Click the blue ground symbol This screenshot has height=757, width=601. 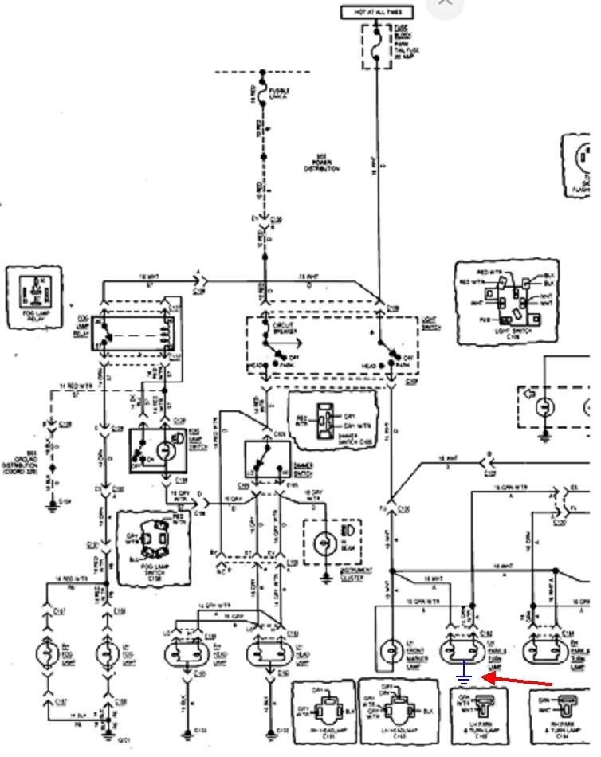[464, 678]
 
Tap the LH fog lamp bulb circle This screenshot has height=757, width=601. [105, 653]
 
